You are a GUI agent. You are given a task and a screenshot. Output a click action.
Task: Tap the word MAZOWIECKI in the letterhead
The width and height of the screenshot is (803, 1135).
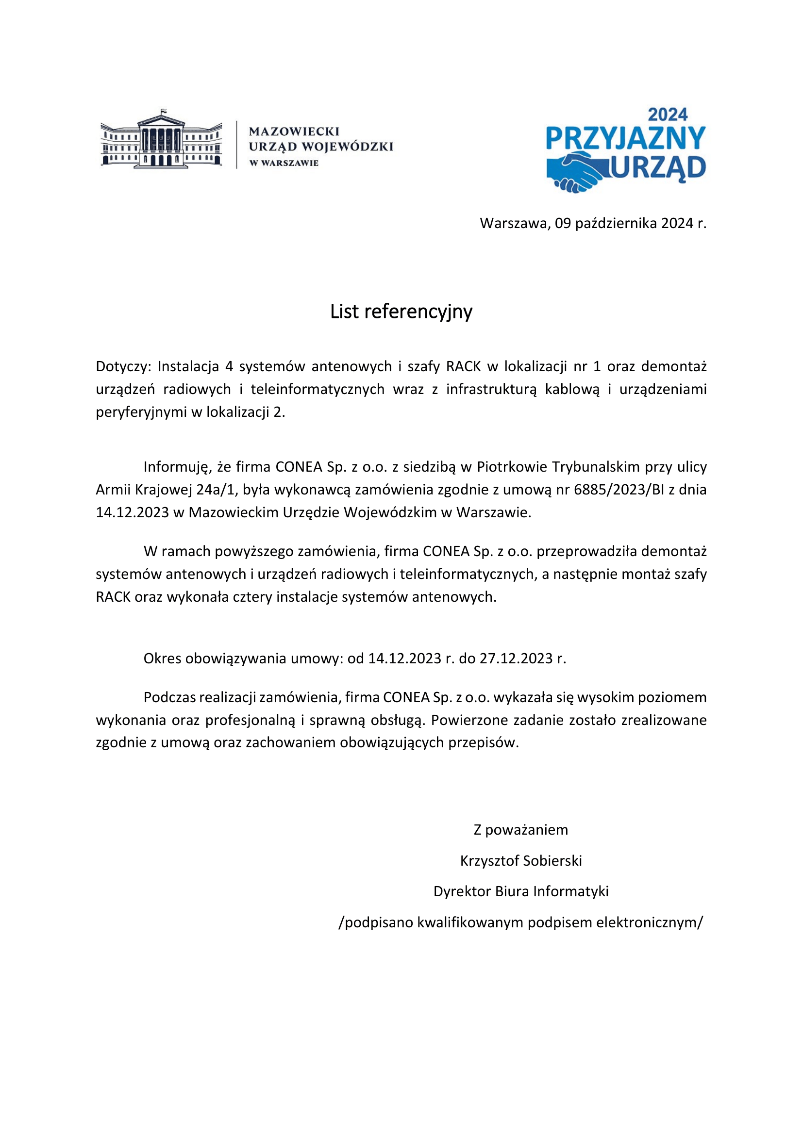tap(294, 132)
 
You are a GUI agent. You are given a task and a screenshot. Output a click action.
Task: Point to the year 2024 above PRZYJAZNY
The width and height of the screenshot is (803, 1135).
tap(668, 115)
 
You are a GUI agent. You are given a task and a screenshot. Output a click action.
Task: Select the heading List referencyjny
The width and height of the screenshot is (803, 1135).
tap(401, 312)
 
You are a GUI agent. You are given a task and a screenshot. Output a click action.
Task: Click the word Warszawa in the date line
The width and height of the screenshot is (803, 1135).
tap(514, 223)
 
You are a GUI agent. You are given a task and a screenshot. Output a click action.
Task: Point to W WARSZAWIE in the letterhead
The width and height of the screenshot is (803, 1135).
tap(284, 163)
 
